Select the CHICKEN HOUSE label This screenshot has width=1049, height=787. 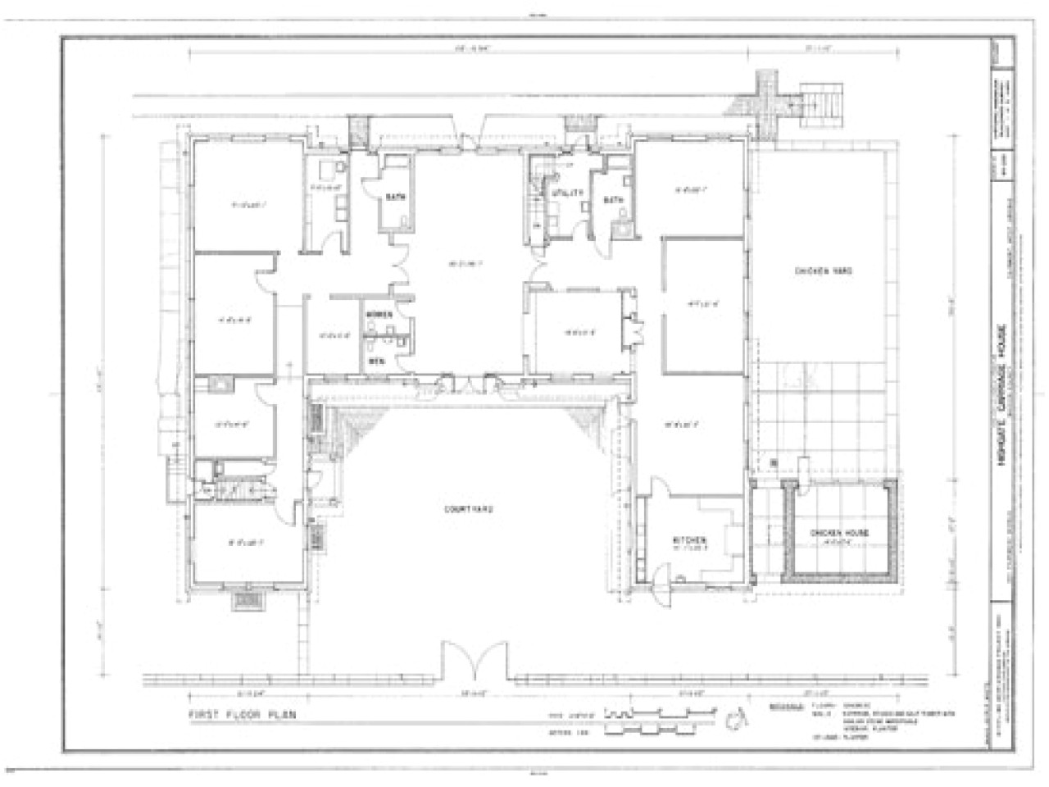(x=839, y=534)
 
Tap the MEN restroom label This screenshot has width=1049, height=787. (x=375, y=361)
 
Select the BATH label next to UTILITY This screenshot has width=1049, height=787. (x=614, y=199)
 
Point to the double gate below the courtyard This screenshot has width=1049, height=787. (x=476, y=659)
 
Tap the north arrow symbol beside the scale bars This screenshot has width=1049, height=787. (x=733, y=719)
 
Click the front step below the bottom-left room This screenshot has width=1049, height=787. (x=247, y=602)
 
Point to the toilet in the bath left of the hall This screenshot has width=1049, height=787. (x=406, y=219)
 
